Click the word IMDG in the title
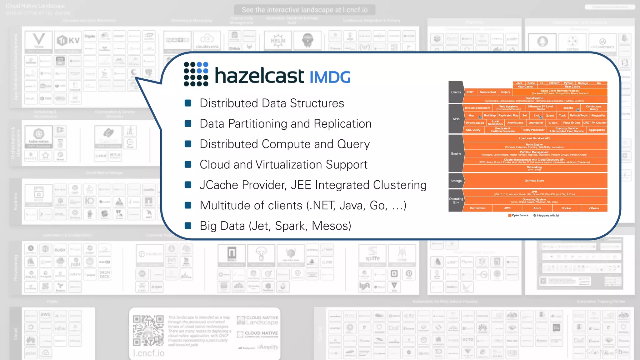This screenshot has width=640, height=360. (x=330, y=77)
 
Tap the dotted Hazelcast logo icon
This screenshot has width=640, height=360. (x=196, y=74)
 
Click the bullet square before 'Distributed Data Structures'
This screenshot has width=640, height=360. (x=188, y=103)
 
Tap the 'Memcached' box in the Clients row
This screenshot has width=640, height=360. (x=488, y=92)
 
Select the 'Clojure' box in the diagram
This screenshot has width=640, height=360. (x=505, y=92)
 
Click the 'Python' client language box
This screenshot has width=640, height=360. (x=569, y=83)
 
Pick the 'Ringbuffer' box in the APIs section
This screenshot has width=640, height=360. (x=598, y=116)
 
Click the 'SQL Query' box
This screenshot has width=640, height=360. (x=473, y=130)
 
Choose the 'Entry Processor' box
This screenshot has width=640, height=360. (x=534, y=130)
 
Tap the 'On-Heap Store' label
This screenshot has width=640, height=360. (x=534, y=181)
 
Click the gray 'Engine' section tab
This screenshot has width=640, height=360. (x=456, y=153)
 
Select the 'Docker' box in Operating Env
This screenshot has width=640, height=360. (x=566, y=208)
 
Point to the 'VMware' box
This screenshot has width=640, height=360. (x=594, y=208)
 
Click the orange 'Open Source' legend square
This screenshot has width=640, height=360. (x=510, y=215)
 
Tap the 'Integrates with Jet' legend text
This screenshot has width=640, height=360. (x=548, y=215)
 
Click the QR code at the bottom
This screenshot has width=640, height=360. (x=148, y=330)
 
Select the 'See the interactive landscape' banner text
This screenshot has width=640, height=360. (x=305, y=10)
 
